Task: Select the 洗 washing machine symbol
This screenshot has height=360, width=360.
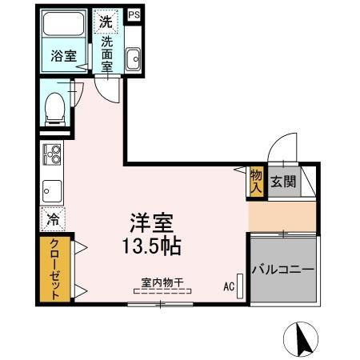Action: click(x=106, y=22)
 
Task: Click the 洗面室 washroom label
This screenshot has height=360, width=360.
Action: click(x=107, y=56)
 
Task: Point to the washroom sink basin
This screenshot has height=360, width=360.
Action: click(x=133, y=58)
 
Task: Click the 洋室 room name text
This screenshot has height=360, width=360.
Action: click(x=153, y=222)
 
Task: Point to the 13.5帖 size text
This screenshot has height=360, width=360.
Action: click(x=153, y=245)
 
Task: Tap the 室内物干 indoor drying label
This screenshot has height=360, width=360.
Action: click(x=162, y=282)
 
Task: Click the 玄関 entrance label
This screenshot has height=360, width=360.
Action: click(x=282, y=182)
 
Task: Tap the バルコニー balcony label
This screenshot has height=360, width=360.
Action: click(x=283, y=270)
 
